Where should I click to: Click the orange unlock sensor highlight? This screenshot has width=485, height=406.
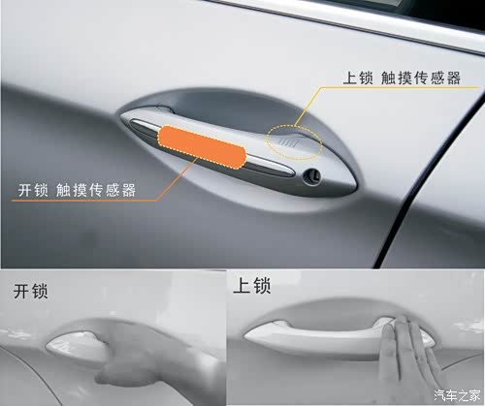[x=202, y=147]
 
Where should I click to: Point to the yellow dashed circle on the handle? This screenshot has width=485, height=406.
[x=294, y=141]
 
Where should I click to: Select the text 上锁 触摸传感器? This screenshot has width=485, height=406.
[x=402, y=78]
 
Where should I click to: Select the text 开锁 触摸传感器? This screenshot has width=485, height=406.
[x=77, y=190]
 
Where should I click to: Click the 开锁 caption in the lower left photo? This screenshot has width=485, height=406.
[x=31, y=291]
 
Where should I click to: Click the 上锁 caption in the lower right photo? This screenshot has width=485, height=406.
[x=252, y=286]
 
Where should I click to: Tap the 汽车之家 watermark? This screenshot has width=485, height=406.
[x=457, y=395]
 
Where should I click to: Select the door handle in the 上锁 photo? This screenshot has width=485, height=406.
[x=337, y=336]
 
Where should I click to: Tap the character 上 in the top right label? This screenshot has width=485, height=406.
[x=350, y=78]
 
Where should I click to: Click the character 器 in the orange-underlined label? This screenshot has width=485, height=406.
[x=128, y=190]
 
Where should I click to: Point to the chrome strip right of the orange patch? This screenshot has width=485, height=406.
[x=270, y=166]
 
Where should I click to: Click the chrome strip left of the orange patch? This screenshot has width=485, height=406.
[x=144, y=127]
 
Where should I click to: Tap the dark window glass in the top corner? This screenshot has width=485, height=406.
[x=446, y=12]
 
